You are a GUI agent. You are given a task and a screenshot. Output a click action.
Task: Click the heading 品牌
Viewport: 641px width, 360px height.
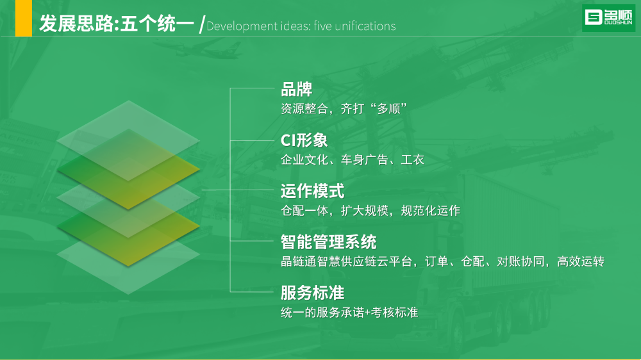pos(296,90)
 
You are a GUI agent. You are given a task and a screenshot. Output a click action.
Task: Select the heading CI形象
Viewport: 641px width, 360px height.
pos(304,140)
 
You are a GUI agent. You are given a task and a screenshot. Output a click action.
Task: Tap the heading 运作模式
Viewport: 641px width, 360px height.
pos(312,192)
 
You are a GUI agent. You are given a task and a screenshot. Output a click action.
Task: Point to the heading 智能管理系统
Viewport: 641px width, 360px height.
pos(328,242)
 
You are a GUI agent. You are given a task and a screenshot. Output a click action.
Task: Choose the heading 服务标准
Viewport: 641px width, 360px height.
pos(312,293)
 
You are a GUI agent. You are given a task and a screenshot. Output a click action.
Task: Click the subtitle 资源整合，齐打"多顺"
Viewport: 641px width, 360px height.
pos(344,109)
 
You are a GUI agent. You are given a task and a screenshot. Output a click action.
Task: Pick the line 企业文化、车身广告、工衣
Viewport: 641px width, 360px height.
pos(352,160)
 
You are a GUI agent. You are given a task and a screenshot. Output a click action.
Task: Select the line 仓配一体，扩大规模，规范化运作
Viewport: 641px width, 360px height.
pos(370,211)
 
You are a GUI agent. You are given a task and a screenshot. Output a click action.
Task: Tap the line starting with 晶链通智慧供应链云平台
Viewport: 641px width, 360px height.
pos(442,261)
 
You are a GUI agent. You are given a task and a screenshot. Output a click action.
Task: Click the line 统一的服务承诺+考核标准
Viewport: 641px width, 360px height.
pos(349,313)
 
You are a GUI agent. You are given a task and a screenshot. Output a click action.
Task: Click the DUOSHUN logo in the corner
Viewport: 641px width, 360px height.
pos(608,17)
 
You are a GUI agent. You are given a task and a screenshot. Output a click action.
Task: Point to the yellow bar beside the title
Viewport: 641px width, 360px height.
pos(23,19)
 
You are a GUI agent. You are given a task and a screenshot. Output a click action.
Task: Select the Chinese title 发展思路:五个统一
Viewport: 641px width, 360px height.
pos(117,23)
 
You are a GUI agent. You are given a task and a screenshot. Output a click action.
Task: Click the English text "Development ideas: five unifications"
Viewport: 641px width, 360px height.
pos(301,26)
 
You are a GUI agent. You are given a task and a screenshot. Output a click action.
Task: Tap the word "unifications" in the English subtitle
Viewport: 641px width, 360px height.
pos(365,26)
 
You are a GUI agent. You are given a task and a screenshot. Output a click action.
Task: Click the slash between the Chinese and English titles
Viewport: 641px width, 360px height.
pos(202,24)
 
